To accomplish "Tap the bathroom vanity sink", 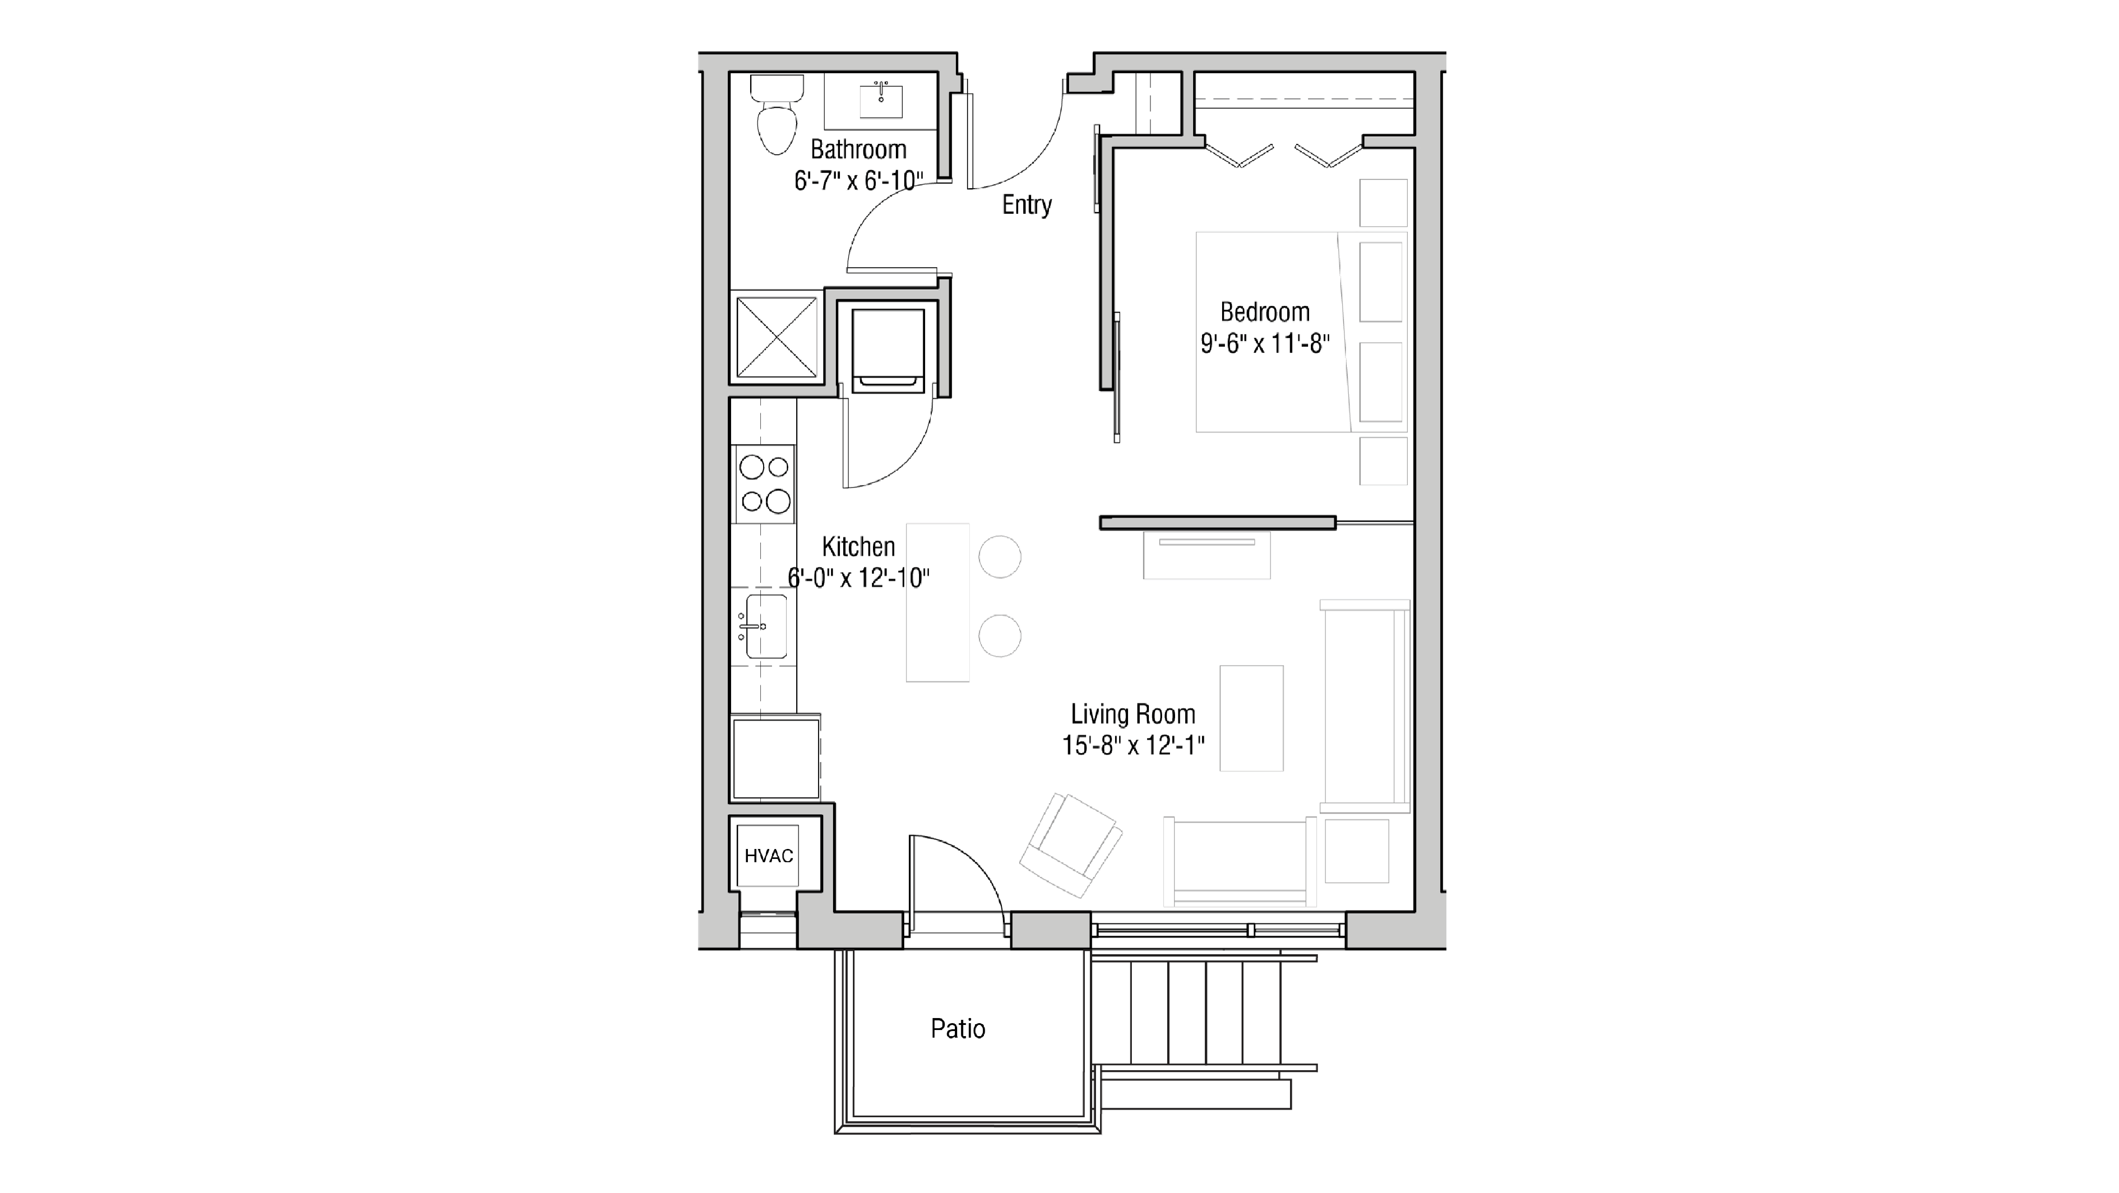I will click(881, 100).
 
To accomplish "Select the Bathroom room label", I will click(858, 150).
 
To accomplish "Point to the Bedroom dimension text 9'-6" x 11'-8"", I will click(1264, 344).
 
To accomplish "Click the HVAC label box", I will click(768, 856).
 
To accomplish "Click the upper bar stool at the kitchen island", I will click(999, 557).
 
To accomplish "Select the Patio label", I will click(957, 1028).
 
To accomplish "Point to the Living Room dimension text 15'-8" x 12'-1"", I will click(1133, 745).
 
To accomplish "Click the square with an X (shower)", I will click(777, 337).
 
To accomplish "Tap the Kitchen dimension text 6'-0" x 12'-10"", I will click(858, 578).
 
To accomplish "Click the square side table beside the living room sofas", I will click(1356, 851).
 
